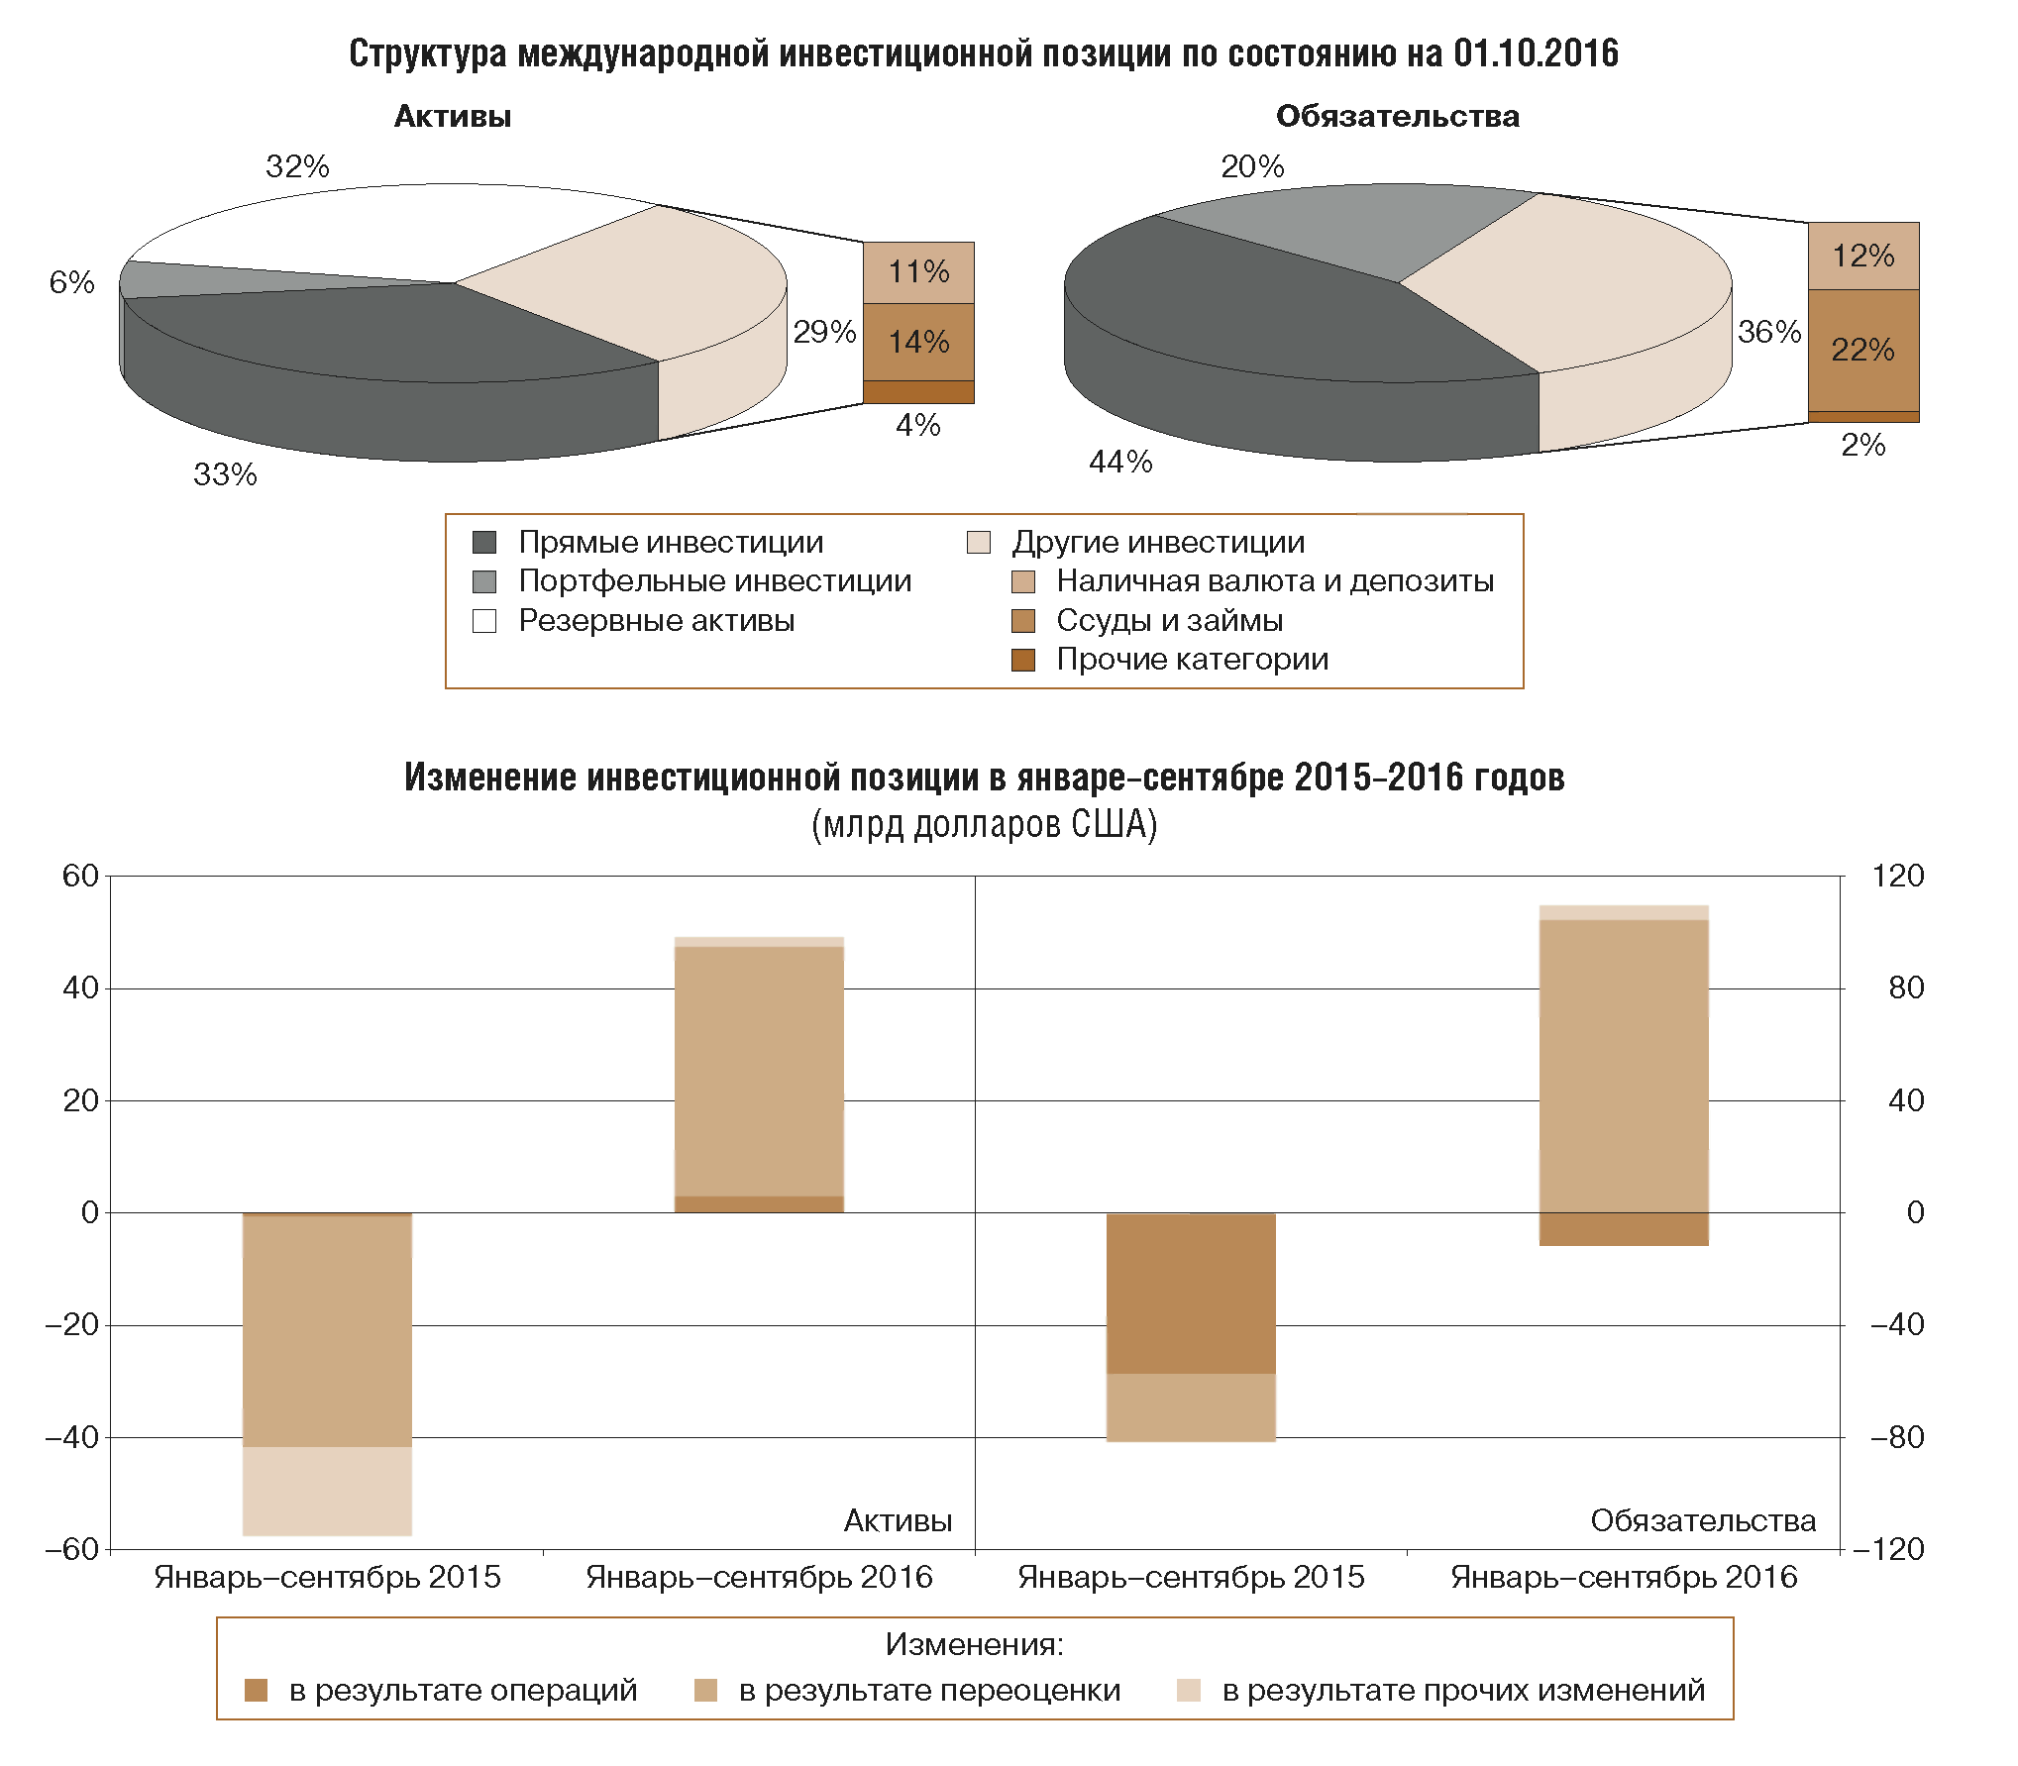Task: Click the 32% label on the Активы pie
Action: point(297,166)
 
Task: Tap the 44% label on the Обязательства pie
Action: point(1120,462)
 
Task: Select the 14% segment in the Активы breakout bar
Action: point(918,342)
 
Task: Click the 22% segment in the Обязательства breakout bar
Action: point(1862,350)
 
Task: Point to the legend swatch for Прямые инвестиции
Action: point(484,543)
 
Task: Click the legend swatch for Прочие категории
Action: point(1023,660)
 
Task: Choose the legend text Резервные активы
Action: point(656,621)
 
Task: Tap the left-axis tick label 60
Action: point(80,876)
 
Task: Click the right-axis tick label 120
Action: point(1897,876)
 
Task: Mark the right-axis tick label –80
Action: point(1896,1437)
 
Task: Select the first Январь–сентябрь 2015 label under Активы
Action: point(327,1577)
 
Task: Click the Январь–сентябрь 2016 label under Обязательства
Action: point(1624,1577)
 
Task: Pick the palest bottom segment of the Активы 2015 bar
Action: point(327,1491)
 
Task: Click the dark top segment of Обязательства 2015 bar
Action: point(1191,1293)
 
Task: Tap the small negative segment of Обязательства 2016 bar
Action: point(1624,1229)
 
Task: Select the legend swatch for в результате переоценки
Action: point(705,1690)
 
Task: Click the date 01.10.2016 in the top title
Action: point(1536,53)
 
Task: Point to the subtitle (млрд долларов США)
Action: point(984,824)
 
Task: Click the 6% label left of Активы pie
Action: point(71,283)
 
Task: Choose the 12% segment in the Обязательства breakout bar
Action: point(1862,256)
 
